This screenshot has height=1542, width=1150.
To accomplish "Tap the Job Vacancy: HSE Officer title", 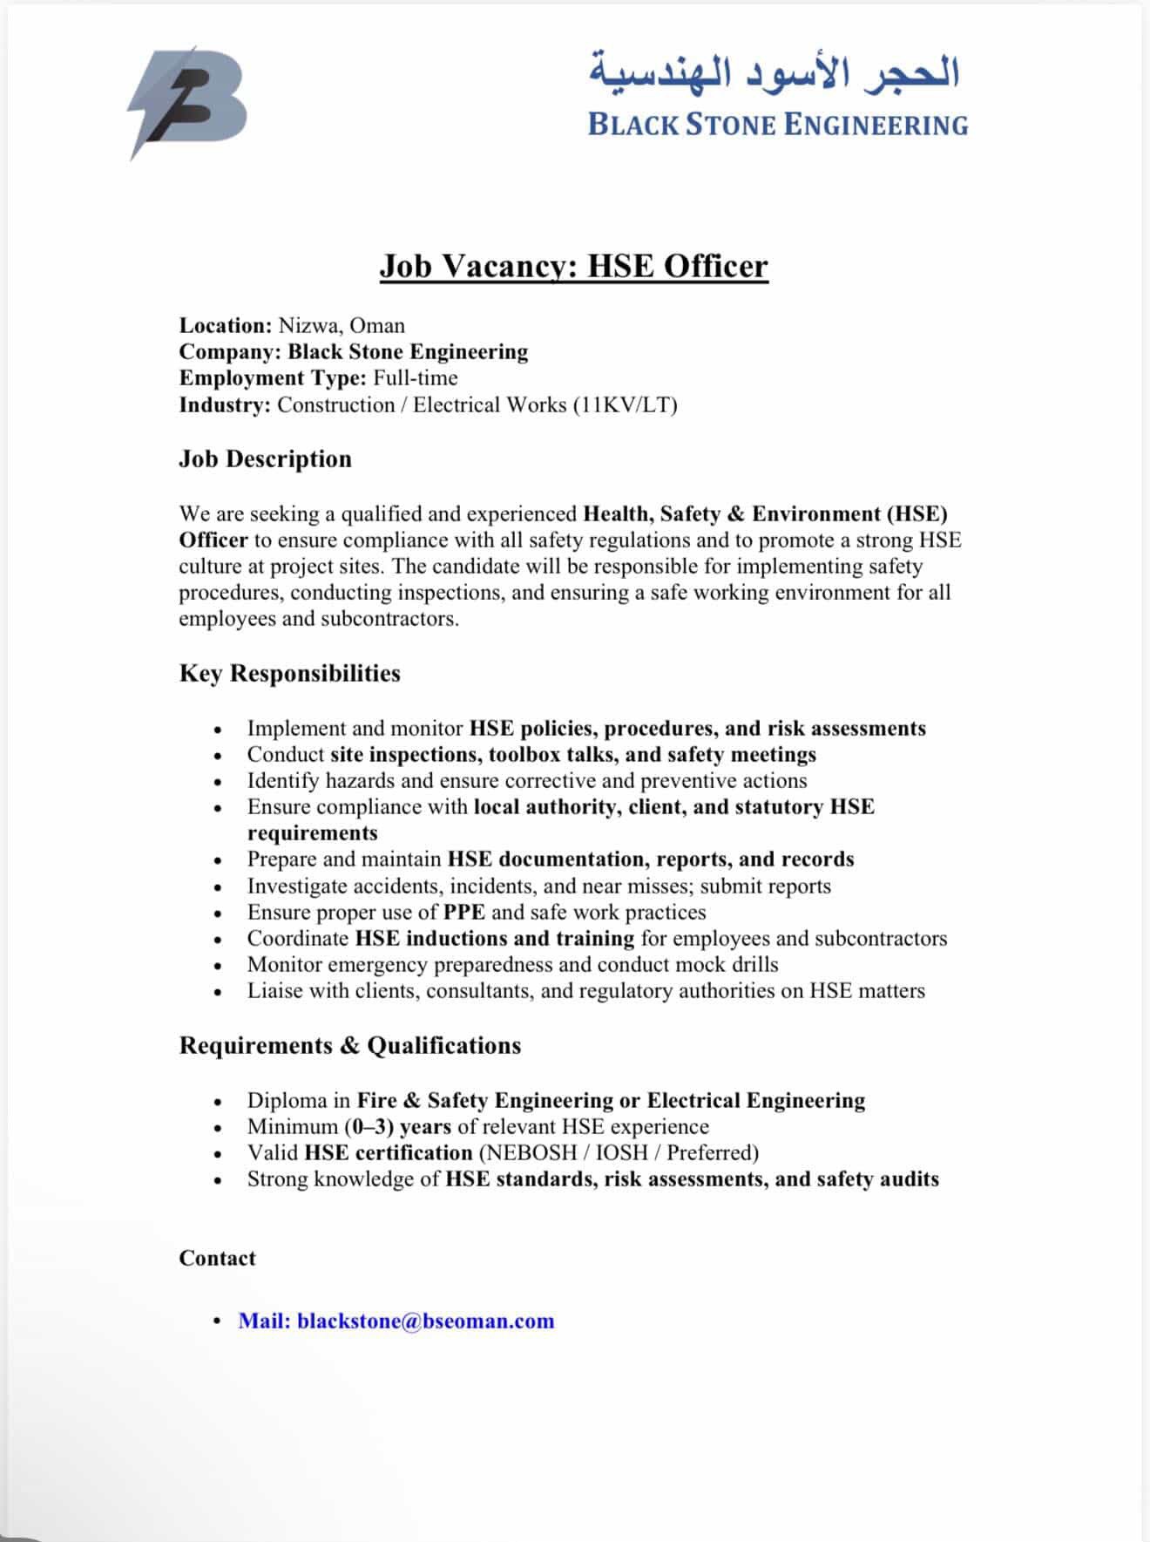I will tap(573, 265).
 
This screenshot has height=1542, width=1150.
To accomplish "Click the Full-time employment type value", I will tap(416, 378).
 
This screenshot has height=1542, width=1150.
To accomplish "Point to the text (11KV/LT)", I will tap(625, 405).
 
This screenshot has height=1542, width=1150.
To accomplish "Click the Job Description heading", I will tap(265, 459).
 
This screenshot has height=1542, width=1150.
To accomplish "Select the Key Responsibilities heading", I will tap(289, 673).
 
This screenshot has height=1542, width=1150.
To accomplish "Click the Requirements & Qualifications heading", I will tap(349, 1045).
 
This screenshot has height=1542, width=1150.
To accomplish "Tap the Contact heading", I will tap(217, 1258).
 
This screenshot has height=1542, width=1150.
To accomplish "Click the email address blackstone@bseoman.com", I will tap(425, 1321).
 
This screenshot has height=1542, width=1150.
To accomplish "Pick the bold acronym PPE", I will tap(463, 913).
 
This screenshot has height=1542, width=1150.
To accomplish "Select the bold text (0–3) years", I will tap(397, 1127).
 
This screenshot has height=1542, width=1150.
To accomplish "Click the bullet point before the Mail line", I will tap(218, 1321).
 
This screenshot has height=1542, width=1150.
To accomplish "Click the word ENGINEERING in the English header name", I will tap(876, 125).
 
